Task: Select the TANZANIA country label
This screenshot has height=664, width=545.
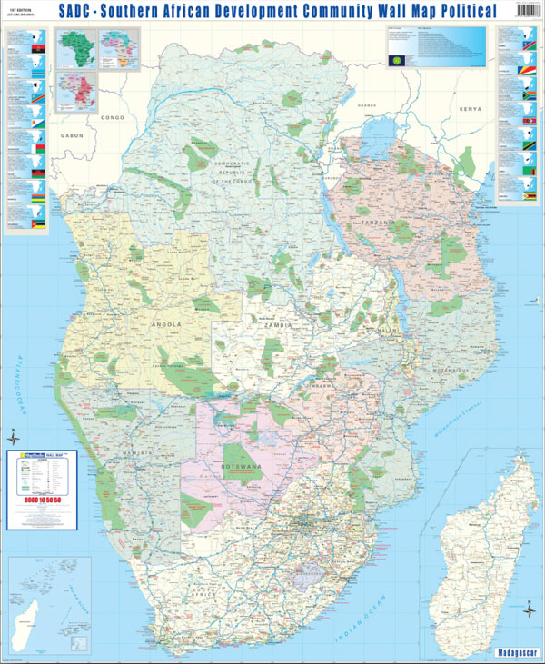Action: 379,222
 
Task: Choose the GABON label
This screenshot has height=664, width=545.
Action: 73,134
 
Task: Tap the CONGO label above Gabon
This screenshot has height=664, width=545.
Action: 113,118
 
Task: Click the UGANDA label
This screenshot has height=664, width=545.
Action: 366,105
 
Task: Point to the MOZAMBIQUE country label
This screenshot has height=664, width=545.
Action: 449,371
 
